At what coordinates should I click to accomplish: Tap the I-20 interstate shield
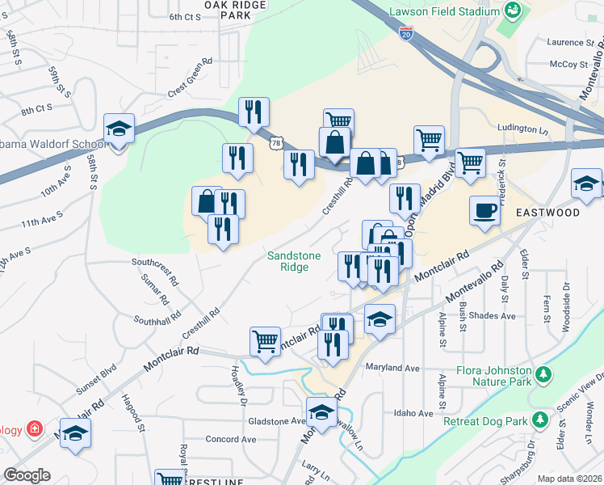coord(406,32)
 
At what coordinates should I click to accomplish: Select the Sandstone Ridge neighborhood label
coord(294,261)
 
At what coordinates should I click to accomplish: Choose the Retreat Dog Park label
coord(496,421)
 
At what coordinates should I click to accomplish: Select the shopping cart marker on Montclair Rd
coord(265,341)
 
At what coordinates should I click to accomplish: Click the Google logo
coord(27,474)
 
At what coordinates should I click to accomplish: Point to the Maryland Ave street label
coord(392,367)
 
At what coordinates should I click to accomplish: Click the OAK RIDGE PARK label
coord(234,10)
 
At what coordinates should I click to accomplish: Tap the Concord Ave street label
coord(230,440)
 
